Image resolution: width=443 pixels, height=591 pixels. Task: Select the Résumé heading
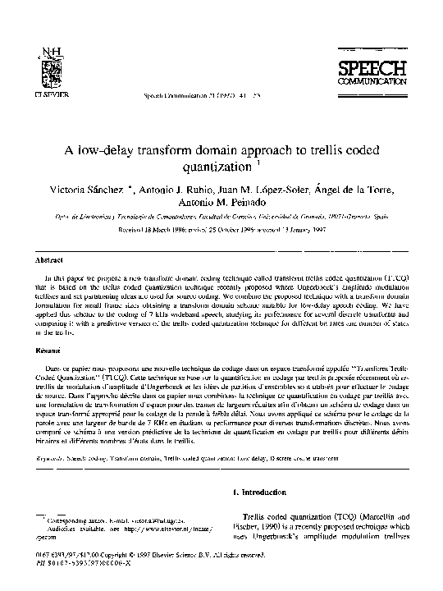tap(56, 350)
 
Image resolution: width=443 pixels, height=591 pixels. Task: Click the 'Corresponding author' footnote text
tap(107, 521)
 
